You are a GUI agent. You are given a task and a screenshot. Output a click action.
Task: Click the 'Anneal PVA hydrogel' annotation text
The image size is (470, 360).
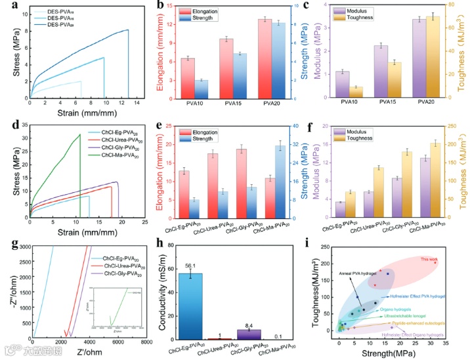pos(357,272)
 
